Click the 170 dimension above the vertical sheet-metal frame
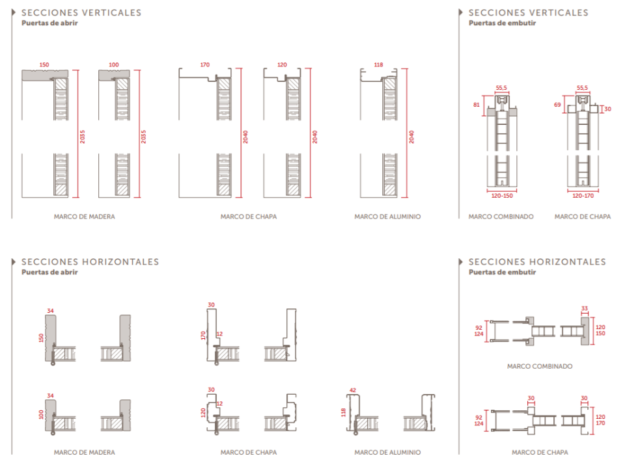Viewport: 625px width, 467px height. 205,64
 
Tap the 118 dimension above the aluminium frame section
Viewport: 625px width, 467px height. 378,64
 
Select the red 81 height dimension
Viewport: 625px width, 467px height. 477,105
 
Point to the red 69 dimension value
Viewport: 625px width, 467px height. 557,105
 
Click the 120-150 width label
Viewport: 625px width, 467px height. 502,196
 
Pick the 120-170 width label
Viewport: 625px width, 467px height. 583,196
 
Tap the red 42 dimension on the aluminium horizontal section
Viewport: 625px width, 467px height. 353,390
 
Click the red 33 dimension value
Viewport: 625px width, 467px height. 585,308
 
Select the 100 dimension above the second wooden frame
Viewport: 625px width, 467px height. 113,64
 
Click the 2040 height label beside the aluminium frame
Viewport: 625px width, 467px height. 411,137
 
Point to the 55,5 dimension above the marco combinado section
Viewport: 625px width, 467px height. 501,88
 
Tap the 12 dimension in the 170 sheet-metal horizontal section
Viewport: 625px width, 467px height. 219,334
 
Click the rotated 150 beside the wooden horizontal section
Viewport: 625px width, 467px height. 41,338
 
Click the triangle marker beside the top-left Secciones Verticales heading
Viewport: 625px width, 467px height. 14,12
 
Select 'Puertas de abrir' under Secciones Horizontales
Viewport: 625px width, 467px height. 49,272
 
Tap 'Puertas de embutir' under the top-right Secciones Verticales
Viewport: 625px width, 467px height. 502,23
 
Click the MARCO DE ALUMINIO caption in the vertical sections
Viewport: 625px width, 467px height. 387,217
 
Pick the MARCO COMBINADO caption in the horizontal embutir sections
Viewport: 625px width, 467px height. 540,366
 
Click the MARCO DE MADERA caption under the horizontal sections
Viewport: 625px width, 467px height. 85,452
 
